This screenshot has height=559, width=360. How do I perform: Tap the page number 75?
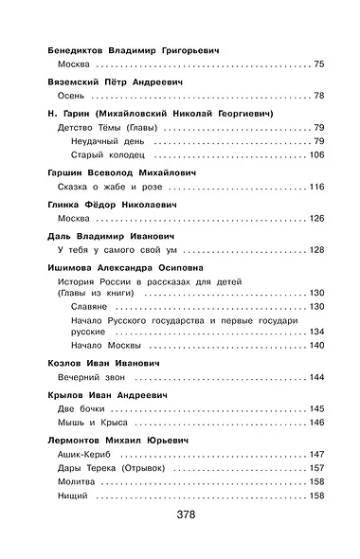[317, 63]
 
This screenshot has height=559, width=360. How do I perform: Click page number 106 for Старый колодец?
[314, 155]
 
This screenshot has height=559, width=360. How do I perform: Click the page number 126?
[315, 219]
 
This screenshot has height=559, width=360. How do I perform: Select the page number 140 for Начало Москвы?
[315, 345]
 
